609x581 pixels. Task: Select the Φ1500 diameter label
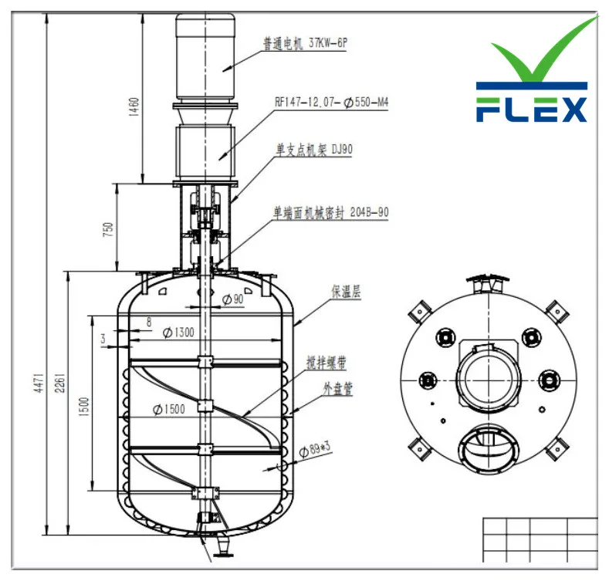pos(168,409)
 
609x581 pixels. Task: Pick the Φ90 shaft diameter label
pos(232,299)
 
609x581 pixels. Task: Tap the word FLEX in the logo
pos(531,108)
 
